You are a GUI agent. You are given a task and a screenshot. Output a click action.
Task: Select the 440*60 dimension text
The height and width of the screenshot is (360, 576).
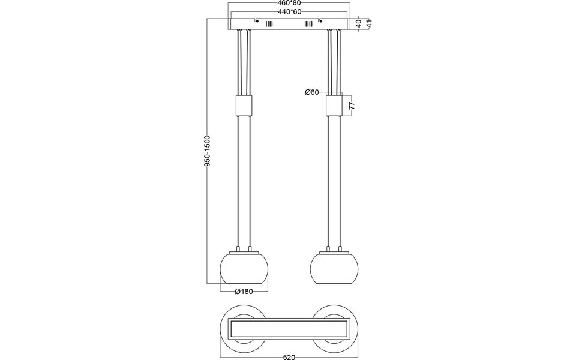coord(289,12)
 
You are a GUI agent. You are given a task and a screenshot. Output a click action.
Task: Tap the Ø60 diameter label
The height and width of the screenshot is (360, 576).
coord(311,92)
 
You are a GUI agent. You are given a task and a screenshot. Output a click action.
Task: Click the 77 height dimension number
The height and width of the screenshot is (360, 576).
coord(353,105)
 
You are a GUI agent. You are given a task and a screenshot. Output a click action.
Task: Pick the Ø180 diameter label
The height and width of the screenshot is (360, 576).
coord(245,292)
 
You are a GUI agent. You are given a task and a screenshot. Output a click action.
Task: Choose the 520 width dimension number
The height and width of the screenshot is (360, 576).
coord(289,357)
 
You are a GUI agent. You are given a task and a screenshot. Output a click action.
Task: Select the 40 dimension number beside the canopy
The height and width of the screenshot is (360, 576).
coord(359,24)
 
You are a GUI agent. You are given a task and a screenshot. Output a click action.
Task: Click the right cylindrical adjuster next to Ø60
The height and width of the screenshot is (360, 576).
coord(334,106)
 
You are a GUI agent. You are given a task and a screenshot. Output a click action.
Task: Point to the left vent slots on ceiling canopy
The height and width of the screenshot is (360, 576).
coord(269,24)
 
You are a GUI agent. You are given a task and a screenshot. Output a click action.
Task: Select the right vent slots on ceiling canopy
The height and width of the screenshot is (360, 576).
coord(309,24)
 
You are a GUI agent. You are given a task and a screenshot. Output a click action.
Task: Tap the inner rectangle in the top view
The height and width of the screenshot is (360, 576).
coord(289,329)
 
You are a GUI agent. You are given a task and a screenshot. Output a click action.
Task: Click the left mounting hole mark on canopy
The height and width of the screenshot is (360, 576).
coord(256,21)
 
